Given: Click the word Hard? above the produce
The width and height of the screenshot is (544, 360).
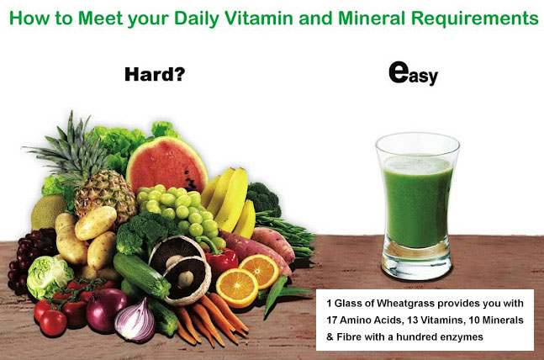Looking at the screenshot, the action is [155, 74].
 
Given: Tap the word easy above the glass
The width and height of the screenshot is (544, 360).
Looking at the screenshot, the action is [413, 73].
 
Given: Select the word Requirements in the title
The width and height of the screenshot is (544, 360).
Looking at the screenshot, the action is [474, 19].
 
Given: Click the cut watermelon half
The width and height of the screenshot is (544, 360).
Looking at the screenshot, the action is [166, 164].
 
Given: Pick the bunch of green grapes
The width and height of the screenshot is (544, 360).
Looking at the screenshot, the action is [181, 212].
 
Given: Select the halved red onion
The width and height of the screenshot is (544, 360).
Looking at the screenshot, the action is [135, 322].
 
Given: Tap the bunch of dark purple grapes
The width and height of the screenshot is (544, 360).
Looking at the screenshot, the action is [28, 257].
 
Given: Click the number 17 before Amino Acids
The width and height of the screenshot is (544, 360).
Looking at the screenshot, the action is [331, 320].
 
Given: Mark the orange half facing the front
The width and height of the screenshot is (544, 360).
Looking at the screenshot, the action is [237, 288].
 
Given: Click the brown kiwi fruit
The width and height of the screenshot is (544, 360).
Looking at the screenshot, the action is [48, 211].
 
